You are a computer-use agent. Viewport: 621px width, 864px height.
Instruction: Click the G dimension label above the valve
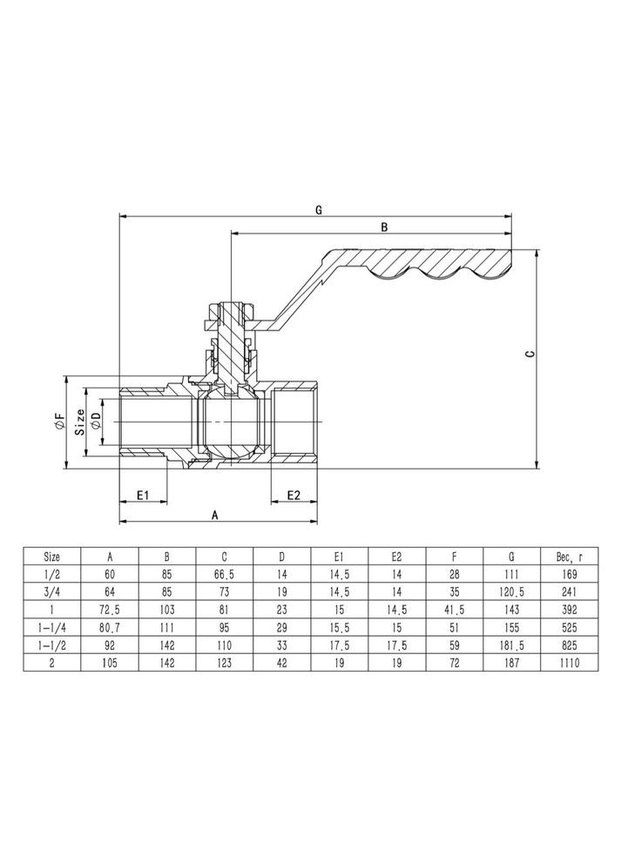point(319,210)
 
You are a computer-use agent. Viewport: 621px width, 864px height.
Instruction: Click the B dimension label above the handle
point(384,226)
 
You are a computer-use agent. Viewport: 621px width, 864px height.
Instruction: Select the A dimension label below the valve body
point(215,515)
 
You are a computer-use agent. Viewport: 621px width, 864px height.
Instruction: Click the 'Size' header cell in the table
point(52,556)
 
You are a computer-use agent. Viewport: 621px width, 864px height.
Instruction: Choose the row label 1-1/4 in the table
point(52,627)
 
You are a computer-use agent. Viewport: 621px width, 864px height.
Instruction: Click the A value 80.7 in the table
point(110,627)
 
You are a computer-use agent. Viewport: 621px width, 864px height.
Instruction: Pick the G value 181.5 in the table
point(512,645)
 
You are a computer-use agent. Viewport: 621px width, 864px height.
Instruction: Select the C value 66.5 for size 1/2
point(224,574)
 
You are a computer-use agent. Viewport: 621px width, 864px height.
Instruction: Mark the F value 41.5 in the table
point(455,609)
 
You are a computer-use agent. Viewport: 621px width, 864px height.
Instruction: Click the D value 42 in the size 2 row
point(281,662)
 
